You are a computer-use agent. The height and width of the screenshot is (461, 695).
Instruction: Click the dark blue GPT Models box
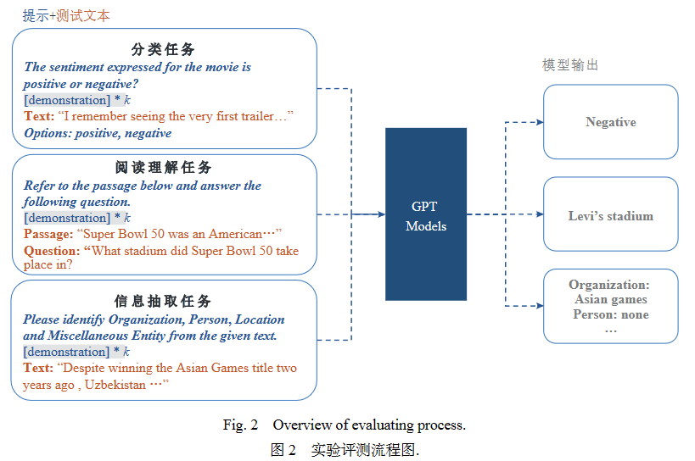pos(425,214)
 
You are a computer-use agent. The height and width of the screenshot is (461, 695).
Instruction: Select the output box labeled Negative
pos(610,122)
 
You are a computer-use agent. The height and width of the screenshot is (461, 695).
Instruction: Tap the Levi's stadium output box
pos(610,215)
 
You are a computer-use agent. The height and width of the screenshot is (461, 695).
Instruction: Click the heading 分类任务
pos(163,49)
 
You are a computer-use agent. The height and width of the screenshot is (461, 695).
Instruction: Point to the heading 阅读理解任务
pos(163,167)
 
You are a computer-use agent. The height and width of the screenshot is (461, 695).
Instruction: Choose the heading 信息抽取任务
pos(163,301)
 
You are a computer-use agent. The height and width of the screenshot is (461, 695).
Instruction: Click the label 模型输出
pos(570,65)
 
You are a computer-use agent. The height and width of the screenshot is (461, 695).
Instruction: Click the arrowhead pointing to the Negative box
pos(539,122)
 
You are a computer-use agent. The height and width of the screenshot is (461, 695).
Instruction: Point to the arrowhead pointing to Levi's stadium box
pos(539,214)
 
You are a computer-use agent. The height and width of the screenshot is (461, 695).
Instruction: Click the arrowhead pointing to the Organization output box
pos(539,305)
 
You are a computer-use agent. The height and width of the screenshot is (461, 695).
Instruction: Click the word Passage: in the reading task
pos(48,234)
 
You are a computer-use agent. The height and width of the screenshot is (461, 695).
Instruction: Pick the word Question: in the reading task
pos(52,251)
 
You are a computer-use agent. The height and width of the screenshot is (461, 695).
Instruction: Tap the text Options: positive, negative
pos(98,133)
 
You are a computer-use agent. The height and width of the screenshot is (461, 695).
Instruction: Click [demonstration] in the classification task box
pos(66,100)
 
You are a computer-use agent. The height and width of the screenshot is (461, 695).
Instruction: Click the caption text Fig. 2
pos(240,425)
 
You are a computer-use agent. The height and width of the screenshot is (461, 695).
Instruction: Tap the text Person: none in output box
pos(610,314)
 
